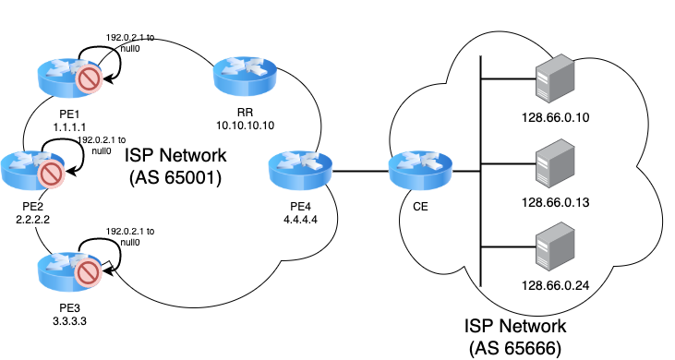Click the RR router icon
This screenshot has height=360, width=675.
[x=246, y=77]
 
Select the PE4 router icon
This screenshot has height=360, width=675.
[x=300, y=171]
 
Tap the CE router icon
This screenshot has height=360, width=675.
[x=420, y=171]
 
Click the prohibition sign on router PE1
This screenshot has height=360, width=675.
[x=89, y=79]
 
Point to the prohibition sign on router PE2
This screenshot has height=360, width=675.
[x=51, y=174]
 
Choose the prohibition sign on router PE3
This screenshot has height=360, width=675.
[x=89, y=273]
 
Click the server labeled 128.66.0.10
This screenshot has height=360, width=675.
[x=555, y=78]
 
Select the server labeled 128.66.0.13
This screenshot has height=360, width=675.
[x=555, y=163]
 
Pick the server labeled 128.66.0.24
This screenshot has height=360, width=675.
[x=555, y=246]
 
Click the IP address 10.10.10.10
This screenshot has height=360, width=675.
[x=245, y=126]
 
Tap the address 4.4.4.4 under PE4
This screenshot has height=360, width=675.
[x=300, y=220]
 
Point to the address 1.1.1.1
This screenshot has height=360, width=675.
[x=70, y=127]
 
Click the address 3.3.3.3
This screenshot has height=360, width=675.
[x=70, y=321]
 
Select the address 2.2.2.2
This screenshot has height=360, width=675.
[x=32, y=220]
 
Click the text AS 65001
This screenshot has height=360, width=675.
[x=175, y=177]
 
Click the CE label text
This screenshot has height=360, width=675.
[x=420, y=207]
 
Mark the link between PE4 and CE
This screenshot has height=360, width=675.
[x=361, y=171]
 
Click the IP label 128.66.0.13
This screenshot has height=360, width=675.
[x=555, y=202]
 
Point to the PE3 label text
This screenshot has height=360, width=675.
[x=70, y=308]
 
